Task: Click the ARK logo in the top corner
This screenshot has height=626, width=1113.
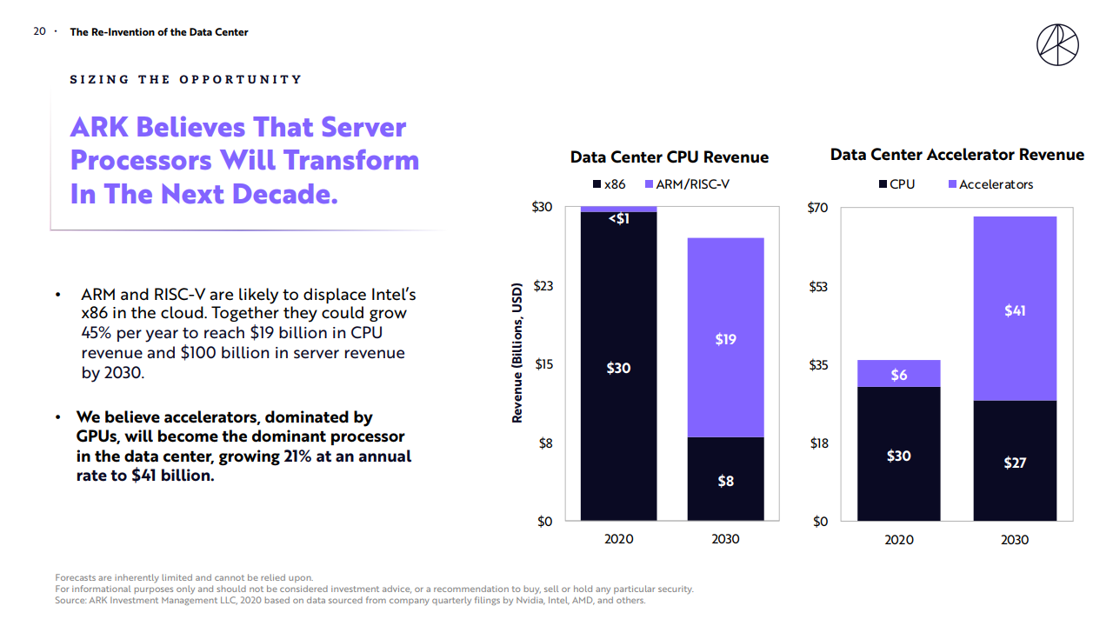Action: pyautogui.click(x=1057, y=44)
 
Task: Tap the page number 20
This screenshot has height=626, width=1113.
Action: pyautogui.click(x=39, y=31)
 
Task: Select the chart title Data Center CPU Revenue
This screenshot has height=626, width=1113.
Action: pyautogui.click(x=669, y=157)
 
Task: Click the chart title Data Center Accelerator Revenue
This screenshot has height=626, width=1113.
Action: pyautogui.click(x=956, y=155)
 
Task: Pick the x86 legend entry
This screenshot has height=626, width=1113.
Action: pyautogui.click(x=609, y=184)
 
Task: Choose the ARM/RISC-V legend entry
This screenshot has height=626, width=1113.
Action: pyautogui.click(x=687, y=184)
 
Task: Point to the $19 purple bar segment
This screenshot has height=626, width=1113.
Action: pyautogui.click(x=725, y=338)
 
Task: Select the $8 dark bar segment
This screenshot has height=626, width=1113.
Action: pyautogui.click(x=725, y=479)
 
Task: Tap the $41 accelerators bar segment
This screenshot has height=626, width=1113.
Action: pyautogui.click(x=1014, y=310)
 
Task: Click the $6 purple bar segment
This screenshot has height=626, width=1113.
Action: pyautogui.click(x=898, y=374)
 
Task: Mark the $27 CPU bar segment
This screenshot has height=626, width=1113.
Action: pyautogui.click(x=1014, y=462)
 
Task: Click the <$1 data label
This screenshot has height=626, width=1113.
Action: pyautogui.click(x=618, y=219)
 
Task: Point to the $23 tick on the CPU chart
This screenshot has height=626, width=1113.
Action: pyautogui.click(x=542, y=286)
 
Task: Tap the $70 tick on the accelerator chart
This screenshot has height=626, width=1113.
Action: pyautogui.click(x=819, y=208)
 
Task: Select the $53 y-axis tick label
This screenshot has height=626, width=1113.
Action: pyautogui.click(x=819, y=286)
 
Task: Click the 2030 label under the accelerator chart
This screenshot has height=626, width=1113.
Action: pyautogui.click(x=1014, y=539)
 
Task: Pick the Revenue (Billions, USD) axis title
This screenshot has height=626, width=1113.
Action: pyautogui.click(x=517, y=352)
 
